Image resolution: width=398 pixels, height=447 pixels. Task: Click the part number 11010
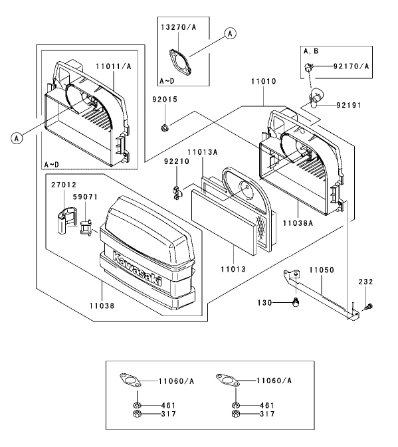pyautogui.click(x=263, y=82)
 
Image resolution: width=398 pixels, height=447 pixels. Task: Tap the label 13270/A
pyautogui.click(x=179, y=27)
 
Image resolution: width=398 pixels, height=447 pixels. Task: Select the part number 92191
pyautogui.click(x=349, y=105)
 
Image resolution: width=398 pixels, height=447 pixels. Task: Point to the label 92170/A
pyautogui.click(x=351, y=66)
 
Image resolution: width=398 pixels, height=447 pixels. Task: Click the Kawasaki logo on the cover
pyautogui.click(x=137, y=268)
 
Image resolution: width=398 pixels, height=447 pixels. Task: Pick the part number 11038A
pyautogui.click(x=298, y=223)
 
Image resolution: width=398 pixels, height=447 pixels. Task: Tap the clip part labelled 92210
pyautogui.click(x=177, y=193)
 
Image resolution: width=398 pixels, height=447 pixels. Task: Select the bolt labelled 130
pyautogui.click(x=296, y=302)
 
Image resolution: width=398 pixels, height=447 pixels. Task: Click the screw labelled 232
pyautogui.click(x=369, y=307)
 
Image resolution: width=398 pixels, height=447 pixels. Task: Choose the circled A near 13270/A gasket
pyautogui.click(x=230, y=34)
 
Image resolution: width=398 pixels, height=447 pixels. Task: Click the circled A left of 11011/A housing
pyautogui.click(x=17, y=139)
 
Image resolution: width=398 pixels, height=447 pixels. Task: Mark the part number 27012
pyautogui.click(x=64, y=185)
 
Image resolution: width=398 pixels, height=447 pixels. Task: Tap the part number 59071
pyautogui.click(x=85, y=197)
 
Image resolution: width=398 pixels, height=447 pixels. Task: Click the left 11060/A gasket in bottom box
pyautogui.click(x=130, y=381)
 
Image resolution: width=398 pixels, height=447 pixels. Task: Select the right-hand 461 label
pyautogui.click(x=267, y=405)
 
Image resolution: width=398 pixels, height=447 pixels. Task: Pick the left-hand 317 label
pyautogui.click(x=169, y=414)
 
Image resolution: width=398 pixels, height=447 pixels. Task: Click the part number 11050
pyautogui.click(x=322, y=270)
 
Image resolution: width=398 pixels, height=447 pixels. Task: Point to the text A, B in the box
pyautogui.click(x=311, y=51)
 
